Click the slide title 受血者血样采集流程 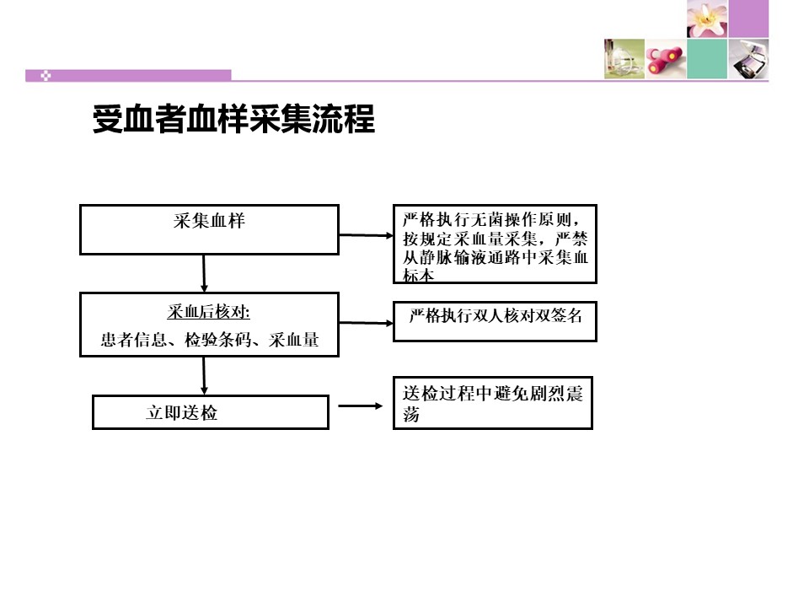pos(233,119)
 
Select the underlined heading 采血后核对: pos(208,312)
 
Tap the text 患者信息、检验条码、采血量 pos(210,340)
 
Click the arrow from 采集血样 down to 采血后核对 pos(204,273)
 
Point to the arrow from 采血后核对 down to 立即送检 pos(204,376)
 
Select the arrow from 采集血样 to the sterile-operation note pos(367,235)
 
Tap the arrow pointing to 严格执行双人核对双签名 pos(367,323)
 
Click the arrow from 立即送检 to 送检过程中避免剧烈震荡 pos(361,406)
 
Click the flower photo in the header pos(707,19)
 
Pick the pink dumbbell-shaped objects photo pos(666,59)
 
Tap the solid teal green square pos(707,59)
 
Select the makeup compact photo pos(748,59)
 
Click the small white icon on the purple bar pos(46,76)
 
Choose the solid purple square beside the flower pos(748,19)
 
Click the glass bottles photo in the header pos(624,59)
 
